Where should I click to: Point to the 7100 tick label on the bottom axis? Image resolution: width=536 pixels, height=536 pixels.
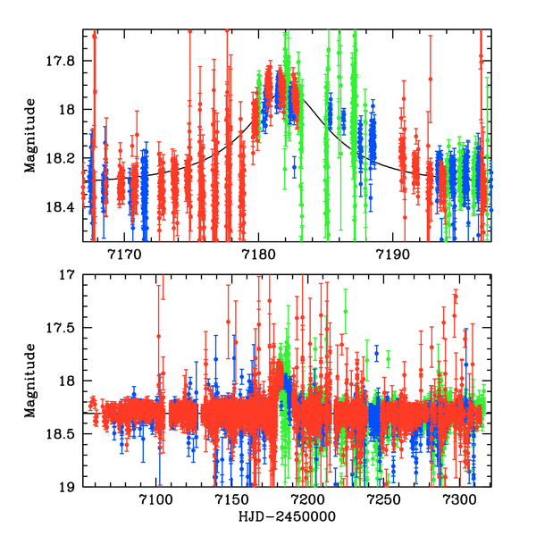[x=157, y=499]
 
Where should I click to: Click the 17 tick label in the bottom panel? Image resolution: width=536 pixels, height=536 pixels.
[x=72, y=275]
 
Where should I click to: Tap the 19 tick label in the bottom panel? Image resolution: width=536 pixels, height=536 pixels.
[x=72, y=487]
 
